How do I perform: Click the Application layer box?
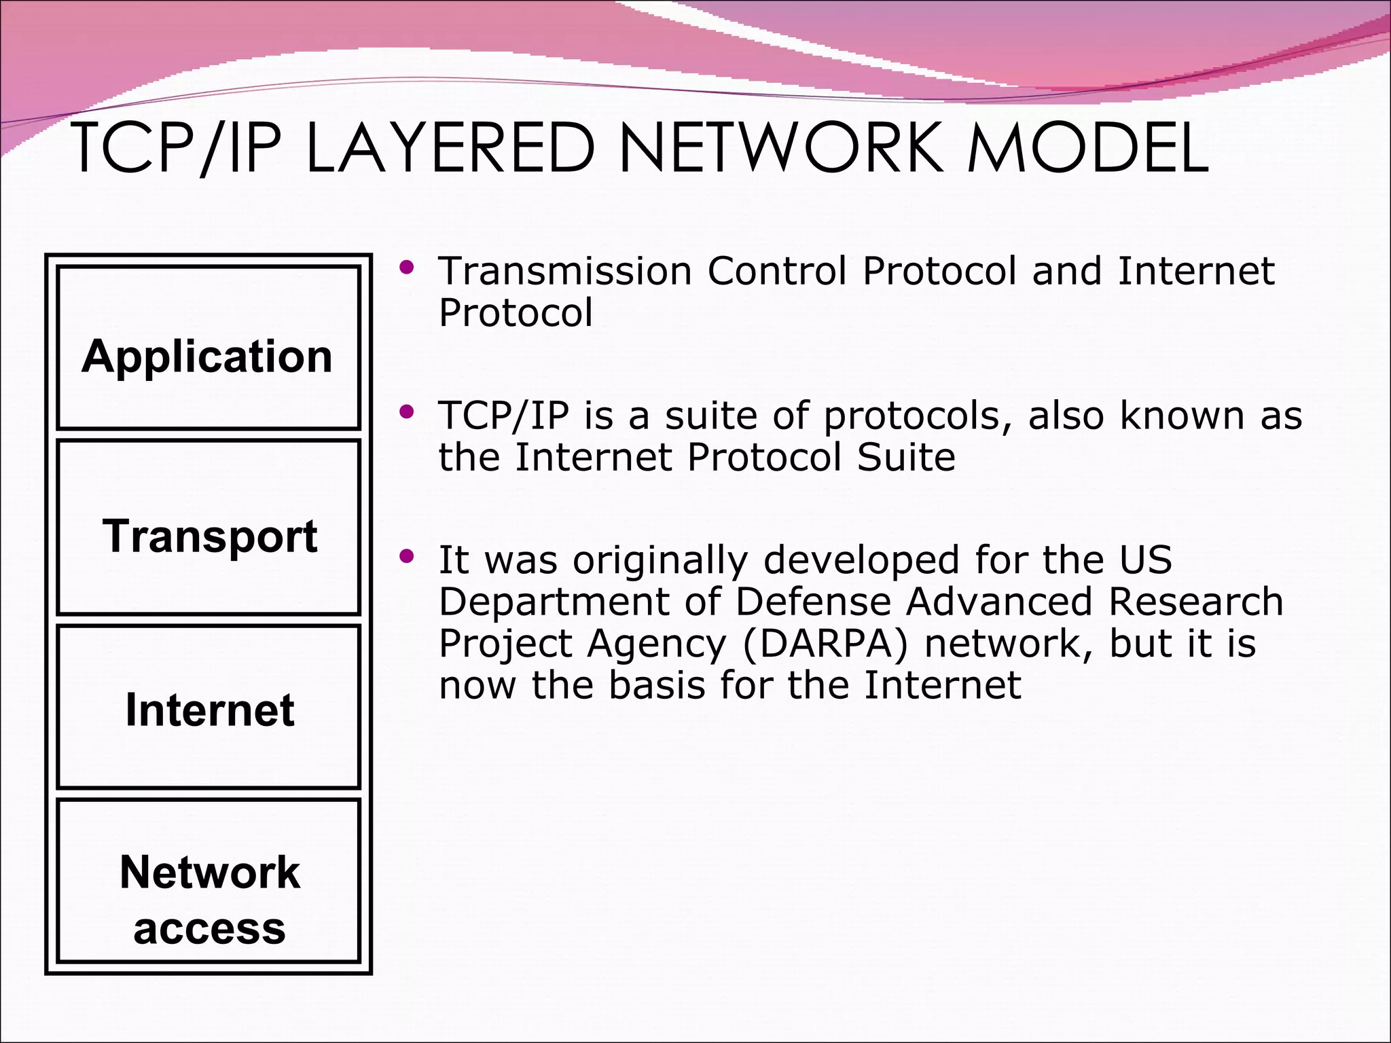pyautogui.click(x=208, y=348)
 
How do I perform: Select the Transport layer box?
pyautogui.click(x=208, y=528)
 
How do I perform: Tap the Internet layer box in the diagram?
pyautogui.click(x=208, y=707)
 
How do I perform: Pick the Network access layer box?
pyautogui.click(x=208, y=881)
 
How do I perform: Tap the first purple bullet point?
pyautogui.click(x=406, y=268)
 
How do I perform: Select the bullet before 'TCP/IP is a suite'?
pyautogui.click(x=406, y=411)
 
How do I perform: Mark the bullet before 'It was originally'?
pyautogui.click(x=406, y=557)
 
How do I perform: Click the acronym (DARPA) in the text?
pyautogui.click(x=825, y=643)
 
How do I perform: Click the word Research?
pyautogui.click(x=1195, y=602)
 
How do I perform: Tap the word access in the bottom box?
pyautogui.click(x=209, y=928)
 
